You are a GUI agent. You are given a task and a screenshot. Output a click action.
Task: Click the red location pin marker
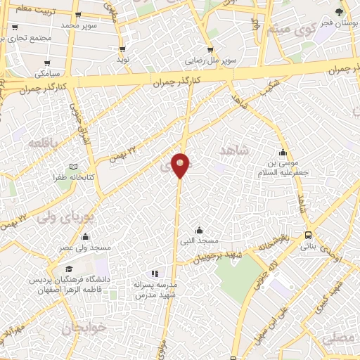point(181,165)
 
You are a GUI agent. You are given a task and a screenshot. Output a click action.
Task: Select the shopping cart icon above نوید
point(123,49)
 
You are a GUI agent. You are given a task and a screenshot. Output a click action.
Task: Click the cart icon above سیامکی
point(48,64)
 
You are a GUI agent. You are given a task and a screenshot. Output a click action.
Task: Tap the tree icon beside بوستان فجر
point(340,13)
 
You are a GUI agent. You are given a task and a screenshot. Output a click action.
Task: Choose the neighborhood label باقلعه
point(41,143)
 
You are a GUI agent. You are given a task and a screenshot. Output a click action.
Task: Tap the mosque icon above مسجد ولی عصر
point(85,237)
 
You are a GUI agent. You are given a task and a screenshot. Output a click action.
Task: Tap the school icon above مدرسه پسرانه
point(155,274)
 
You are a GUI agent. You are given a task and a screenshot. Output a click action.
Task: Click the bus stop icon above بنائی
point(309,236)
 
